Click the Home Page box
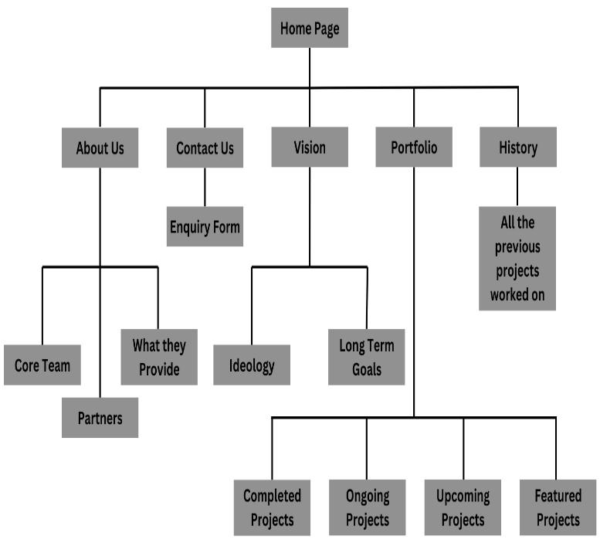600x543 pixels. point(309,29)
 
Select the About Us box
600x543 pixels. point(100,148)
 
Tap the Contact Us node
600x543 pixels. point(205,148)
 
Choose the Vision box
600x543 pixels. point(309,148)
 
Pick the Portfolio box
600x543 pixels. point(414,148)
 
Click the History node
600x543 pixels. point(517,148)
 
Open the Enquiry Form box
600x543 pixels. point(205,227)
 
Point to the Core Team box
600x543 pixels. point(42,365)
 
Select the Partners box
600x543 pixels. point(100,418)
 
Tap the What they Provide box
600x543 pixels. point(158,357)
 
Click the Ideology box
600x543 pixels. point(252,365)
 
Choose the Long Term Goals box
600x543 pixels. point(366,357)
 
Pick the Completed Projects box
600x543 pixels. point(272,507)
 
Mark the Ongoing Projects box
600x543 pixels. point(367,507)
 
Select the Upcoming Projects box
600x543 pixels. point(463,507)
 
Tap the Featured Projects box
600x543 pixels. point(558,507)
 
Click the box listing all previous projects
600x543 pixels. point(517,258)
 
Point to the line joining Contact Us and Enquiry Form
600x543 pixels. point(205,188)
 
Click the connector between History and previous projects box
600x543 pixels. point(517,186)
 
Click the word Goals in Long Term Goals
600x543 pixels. point(366,369)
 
